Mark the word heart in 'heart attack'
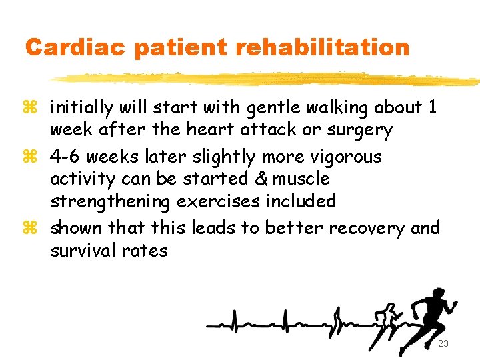[x=205, y=130]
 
